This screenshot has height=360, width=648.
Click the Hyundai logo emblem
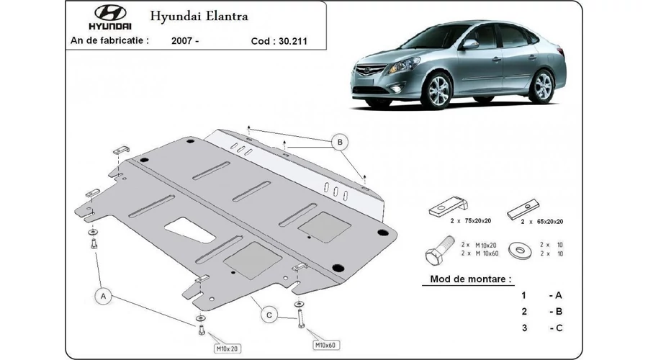coord(110,13)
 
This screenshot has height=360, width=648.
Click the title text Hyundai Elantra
coord(199,16)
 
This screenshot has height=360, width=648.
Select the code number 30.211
coord(293,41)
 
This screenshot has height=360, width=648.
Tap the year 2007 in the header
coord(181,40)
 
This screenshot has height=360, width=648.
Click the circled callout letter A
coord(103,296)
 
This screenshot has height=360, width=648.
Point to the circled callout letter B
coord(340,142)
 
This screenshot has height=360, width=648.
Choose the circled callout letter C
coord(269,315)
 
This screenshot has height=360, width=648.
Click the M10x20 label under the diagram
coord(228,349)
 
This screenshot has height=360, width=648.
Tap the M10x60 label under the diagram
coord(325,345)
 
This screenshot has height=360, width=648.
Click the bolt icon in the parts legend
coord(440,250)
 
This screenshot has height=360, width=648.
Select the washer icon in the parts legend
coord(521,250)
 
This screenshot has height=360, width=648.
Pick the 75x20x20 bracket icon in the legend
coord(449,206)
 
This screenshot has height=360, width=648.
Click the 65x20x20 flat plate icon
coord(523,209)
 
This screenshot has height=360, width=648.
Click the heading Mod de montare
coord(471,279)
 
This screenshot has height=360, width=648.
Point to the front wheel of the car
coord(436,91)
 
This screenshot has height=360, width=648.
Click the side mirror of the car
coord(470,44)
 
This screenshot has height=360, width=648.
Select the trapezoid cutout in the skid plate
coord(190,230)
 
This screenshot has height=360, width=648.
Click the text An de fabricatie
coord(109,40)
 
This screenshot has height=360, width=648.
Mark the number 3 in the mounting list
coord(524,328)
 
